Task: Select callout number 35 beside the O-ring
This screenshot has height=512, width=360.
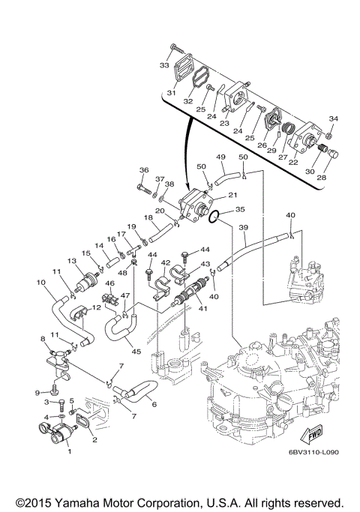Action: (240, 209)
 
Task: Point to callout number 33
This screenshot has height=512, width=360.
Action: (164, 65)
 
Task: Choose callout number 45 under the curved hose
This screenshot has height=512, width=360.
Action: (136, 352)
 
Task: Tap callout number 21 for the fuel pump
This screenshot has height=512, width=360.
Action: (232, 195)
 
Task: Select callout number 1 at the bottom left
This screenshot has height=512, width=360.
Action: (69, 451)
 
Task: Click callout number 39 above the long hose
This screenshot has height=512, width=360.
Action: (244, 228)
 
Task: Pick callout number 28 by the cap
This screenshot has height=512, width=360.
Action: (322, 178)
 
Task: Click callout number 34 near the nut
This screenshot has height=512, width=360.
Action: (333, 118)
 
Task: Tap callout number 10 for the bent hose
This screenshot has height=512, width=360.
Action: (41, 282)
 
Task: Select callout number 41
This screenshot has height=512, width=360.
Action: (202, 309)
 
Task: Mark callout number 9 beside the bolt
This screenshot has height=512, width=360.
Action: (37, 392)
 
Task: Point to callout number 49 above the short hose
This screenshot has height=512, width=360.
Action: (220, 157)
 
